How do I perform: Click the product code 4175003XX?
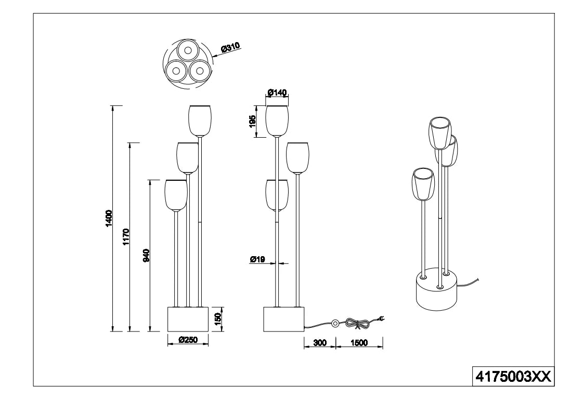[512, 376]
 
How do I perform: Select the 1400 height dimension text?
[109, 218]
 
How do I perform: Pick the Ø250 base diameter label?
[188, 340]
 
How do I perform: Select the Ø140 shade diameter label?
[277, 92]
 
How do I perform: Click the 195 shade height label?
[252, 122]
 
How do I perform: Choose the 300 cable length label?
[320, 343]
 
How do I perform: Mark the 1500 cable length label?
[359, 343]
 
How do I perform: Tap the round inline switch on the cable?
[336, 324]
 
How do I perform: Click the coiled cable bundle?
[359, 324]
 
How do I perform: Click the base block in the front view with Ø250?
[187, 318]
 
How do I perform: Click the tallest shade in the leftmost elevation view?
[200, 121]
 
